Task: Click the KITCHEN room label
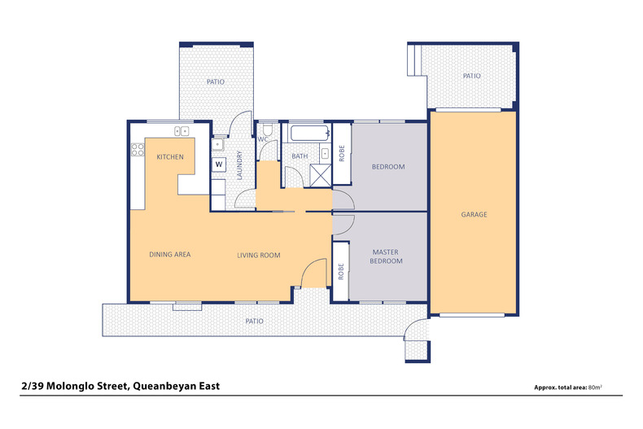coord(170,157)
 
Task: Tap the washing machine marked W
coord(218,164)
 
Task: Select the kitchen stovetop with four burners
coord(137,151)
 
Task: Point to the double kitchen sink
coord(181,130)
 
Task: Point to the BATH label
coord(300,156)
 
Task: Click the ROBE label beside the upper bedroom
coord(342,153)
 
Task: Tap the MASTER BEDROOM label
coord(386,257)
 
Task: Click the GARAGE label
coord(474,215)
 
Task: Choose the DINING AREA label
coord(170,255)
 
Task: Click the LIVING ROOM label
coord(258,255)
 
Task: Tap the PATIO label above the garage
coord(471,76)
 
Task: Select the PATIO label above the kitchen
coord(215,81)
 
